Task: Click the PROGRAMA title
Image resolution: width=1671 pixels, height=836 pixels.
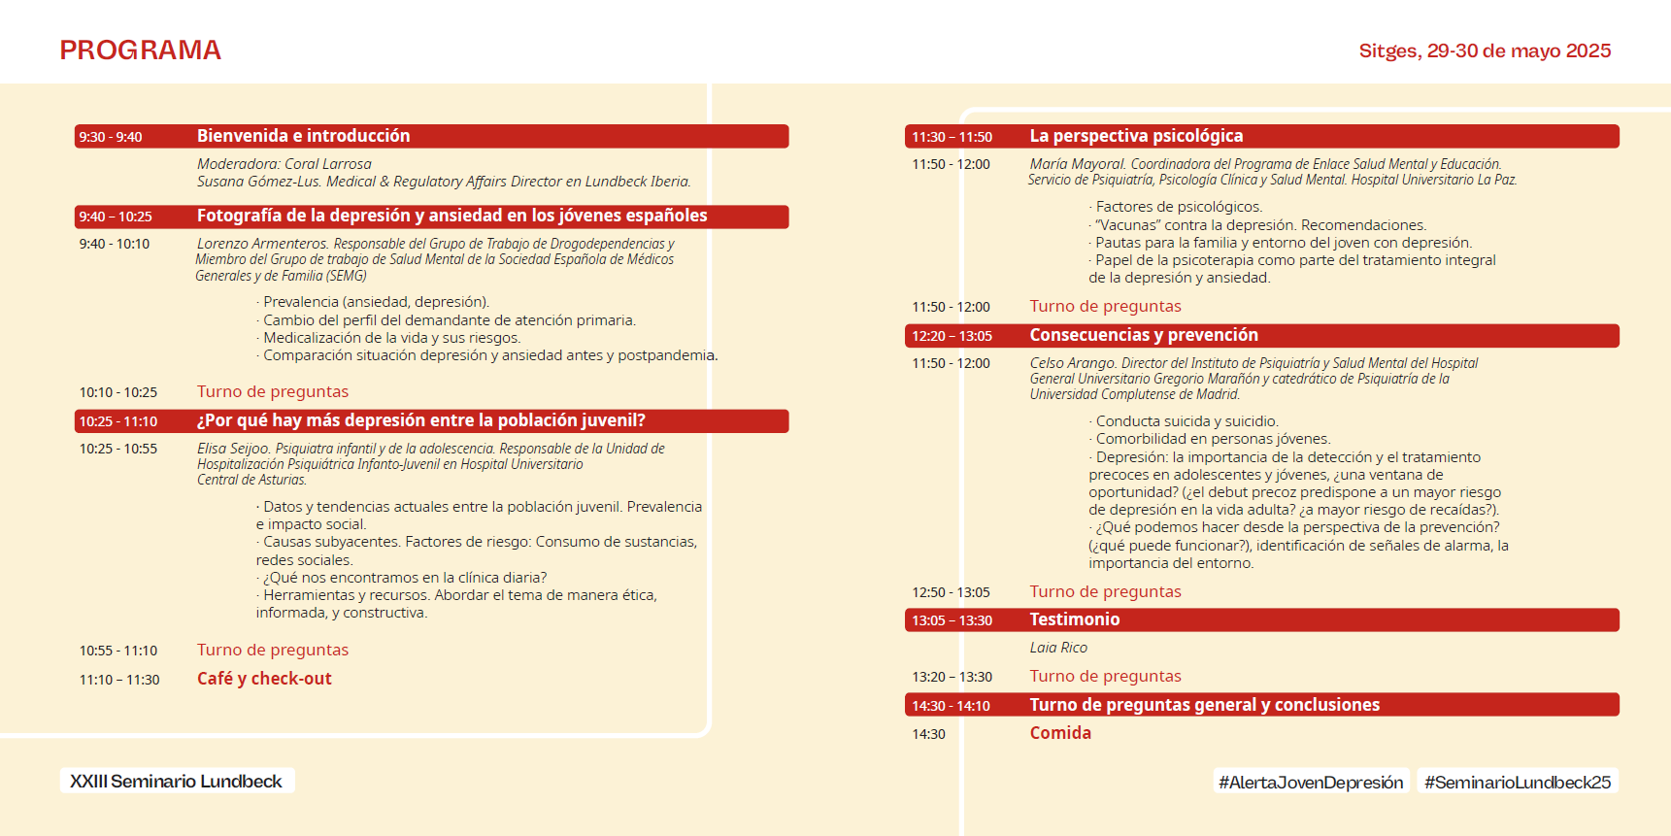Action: pos(140,50)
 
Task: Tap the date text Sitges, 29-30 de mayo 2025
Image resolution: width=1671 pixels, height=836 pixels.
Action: pos(1485,50)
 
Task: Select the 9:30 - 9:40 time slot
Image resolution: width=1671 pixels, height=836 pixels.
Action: pos(111,137)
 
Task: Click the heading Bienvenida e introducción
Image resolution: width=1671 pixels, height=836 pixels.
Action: pos(303,136)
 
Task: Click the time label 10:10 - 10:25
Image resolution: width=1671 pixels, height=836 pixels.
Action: pos(118,392)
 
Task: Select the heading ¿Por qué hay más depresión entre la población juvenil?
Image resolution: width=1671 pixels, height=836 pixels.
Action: pos(420,420)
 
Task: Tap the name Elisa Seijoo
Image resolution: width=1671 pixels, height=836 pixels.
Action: pos(233,449)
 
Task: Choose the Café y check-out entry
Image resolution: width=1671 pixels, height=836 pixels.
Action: pos(264,679)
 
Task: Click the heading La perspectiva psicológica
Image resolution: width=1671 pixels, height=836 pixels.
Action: pos(1136,136)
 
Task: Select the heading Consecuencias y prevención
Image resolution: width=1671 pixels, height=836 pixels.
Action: pos(1144,335)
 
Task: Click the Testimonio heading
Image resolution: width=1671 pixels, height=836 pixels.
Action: pos(1075,619)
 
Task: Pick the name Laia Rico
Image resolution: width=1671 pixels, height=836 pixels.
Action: pos(1058,648)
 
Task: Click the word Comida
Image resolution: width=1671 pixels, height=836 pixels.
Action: pos(1060,733)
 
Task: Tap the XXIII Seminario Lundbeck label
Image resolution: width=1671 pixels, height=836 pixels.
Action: pos(176,782)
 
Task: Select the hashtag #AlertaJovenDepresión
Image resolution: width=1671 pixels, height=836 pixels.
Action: pos(1311,783)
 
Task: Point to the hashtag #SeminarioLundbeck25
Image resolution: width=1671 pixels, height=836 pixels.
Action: pos(1518,783)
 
